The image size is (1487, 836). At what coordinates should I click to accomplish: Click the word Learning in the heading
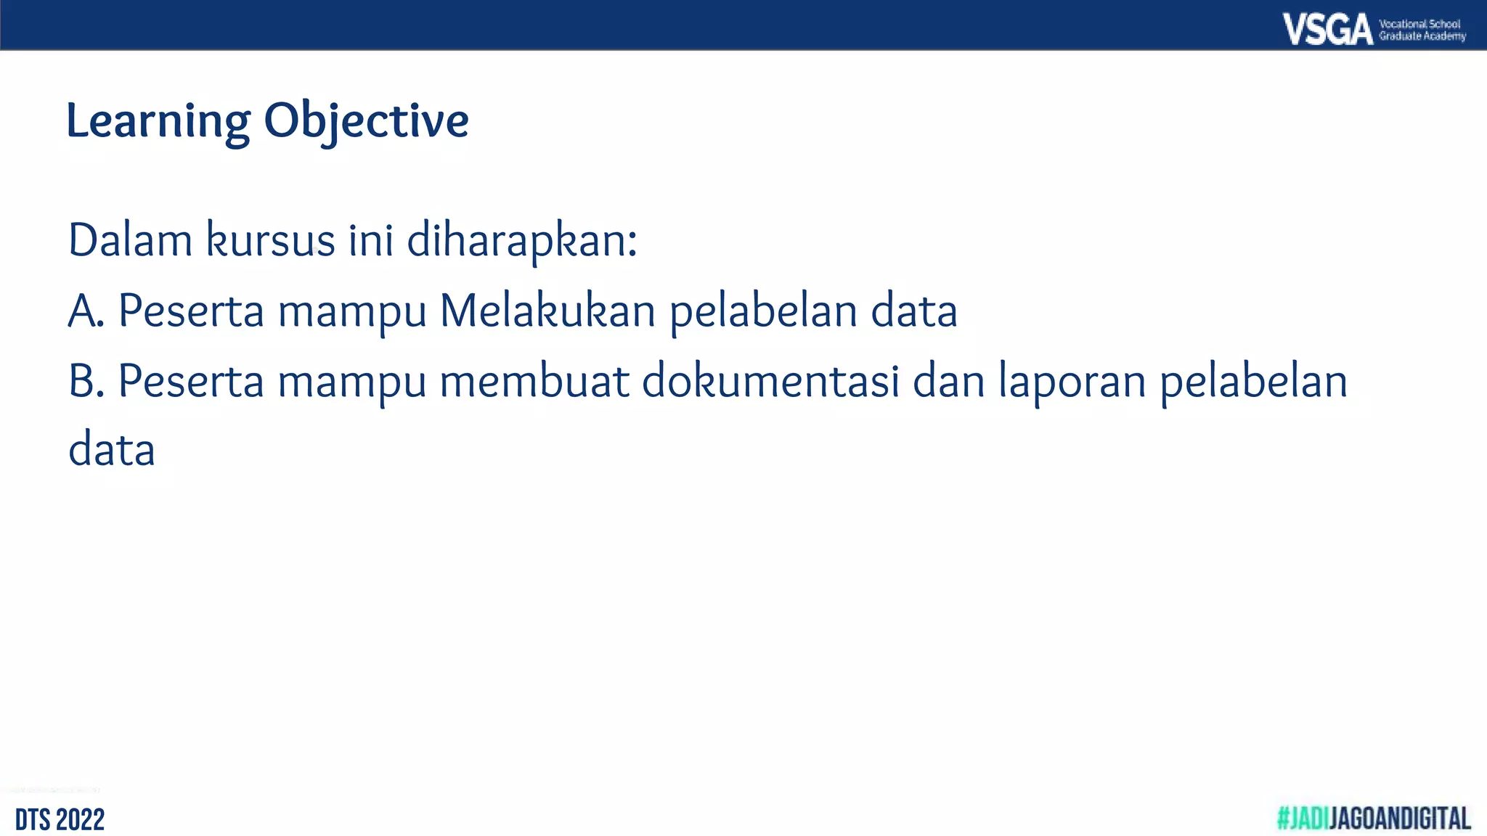coord(158,121)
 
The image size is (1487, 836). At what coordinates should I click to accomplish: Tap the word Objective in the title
coord(366,121)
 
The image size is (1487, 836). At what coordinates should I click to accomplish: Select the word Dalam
coord(130,240)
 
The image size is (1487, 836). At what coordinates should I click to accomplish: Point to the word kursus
coord(271,240)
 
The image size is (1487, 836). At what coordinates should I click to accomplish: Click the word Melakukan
coord(547,311)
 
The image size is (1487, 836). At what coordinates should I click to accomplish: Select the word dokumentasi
coord(770,381)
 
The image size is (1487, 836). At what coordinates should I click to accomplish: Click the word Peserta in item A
coord(191,311)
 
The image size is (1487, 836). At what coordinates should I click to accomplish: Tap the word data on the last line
coord(112,450)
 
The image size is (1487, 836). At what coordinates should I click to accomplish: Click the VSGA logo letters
coord(1327,30)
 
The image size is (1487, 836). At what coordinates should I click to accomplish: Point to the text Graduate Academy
coord(1422,36)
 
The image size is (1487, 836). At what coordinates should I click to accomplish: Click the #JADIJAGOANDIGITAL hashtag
coord(1374,819)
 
